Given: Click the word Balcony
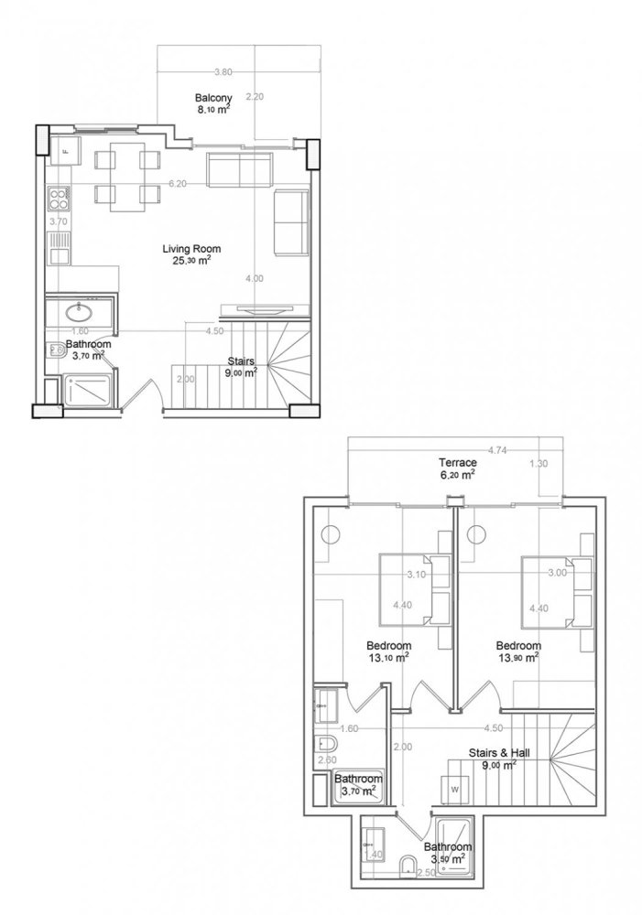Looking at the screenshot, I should (213, 97).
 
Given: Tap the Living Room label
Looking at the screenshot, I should (191, 249).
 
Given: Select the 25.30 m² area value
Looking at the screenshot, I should (191, 260).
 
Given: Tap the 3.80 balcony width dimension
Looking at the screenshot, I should (222, 72).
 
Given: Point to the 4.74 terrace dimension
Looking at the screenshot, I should (497, 451).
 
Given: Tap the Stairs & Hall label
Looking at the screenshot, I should (499, 754).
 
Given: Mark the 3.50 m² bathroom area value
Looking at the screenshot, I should (448, 859).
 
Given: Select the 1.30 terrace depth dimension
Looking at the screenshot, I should (540, 464).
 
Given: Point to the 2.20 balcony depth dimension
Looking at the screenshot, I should (256, 97).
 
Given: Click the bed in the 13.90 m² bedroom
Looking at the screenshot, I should (550, 590).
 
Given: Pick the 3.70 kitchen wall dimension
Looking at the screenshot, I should (58, 221).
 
